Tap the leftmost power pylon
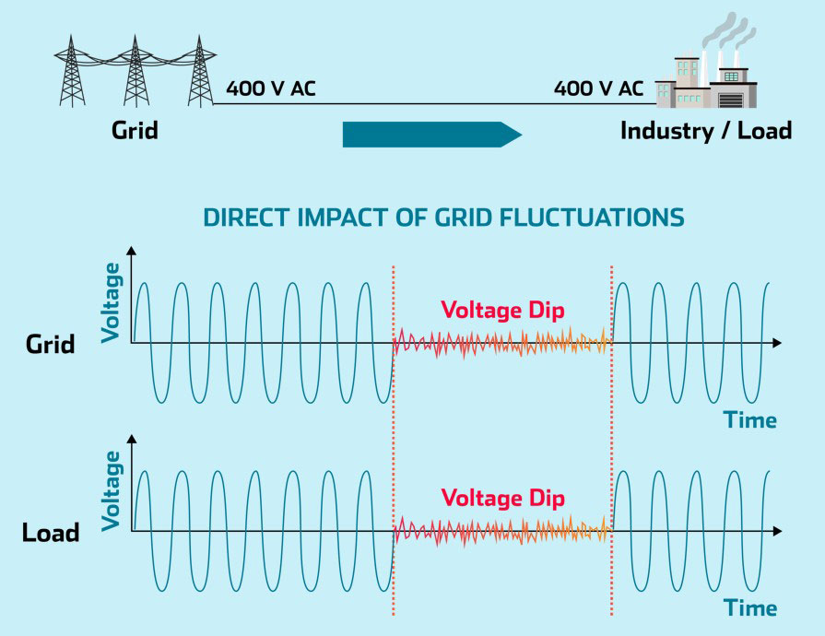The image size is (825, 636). [73, 69]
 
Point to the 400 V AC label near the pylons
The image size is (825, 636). [272, 89]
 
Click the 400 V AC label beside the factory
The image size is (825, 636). [599, 89]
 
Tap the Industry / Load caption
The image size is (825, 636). [706, 130]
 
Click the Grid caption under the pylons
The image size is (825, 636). [135, 130]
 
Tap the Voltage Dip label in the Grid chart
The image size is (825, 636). [502, 309]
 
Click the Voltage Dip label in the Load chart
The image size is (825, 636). [502, 498]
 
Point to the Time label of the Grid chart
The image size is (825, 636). [749, 420]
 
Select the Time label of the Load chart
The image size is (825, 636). [749, 608]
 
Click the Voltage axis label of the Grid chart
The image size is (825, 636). [112, 302]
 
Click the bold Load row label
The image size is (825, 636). [52, 533]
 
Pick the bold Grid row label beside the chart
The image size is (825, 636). [51, 346]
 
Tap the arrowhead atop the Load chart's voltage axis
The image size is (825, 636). [134, 440]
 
